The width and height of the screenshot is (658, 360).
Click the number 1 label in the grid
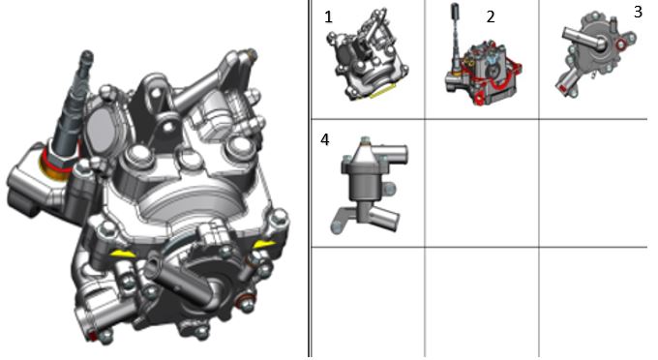click(328, 17)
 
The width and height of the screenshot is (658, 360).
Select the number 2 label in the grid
click(491, 16)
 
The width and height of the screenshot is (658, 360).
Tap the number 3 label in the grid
click(638, 12)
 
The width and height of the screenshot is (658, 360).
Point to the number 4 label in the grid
click(325, 139)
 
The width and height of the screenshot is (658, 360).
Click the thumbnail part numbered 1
click(367, 54)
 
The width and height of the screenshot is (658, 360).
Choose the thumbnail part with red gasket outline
click(483, 63)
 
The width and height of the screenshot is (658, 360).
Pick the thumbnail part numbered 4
click(370, 185)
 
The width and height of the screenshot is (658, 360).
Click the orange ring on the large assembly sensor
click(54, 166)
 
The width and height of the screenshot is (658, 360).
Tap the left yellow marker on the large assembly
click(123, 253)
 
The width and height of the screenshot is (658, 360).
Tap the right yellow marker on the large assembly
click(264, 244)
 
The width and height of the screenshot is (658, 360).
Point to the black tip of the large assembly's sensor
click(87, 56)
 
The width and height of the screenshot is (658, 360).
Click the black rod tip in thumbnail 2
click(455, 12)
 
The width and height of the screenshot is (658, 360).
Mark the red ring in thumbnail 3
click(620, 45)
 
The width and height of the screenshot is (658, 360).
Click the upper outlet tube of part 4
click(392, 151)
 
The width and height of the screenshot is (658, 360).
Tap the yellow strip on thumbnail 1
click(382, 91)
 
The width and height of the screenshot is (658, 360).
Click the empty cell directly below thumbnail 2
click(482, 183)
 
